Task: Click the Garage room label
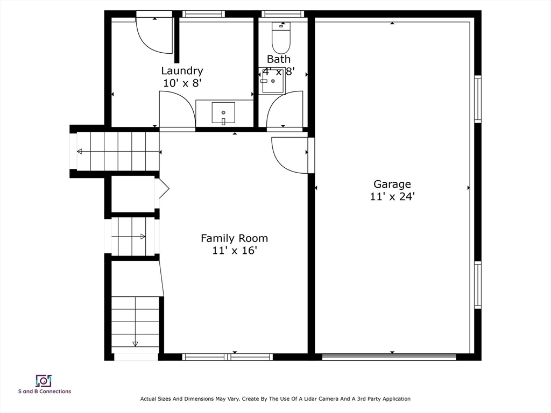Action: (x=392, y=184)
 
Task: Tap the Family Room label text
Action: (x=234, y=238)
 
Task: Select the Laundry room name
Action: (x=182, y=71)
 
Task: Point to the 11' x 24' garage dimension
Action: (x=392, y=196)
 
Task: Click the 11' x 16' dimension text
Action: (x=235, y=251)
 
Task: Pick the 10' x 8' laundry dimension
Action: (x=182, y=83)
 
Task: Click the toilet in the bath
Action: (x=281, y=38)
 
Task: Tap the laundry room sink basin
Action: (x=223, y=113)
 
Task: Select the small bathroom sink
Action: (x=272, y=81)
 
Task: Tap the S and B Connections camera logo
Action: (x=44, y=381)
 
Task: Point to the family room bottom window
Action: (x=228, y=357)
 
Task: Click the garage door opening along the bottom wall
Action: (x=389, y=357)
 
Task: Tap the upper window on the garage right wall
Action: (x=478, y=99)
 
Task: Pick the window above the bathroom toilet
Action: (x=283, y=13)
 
